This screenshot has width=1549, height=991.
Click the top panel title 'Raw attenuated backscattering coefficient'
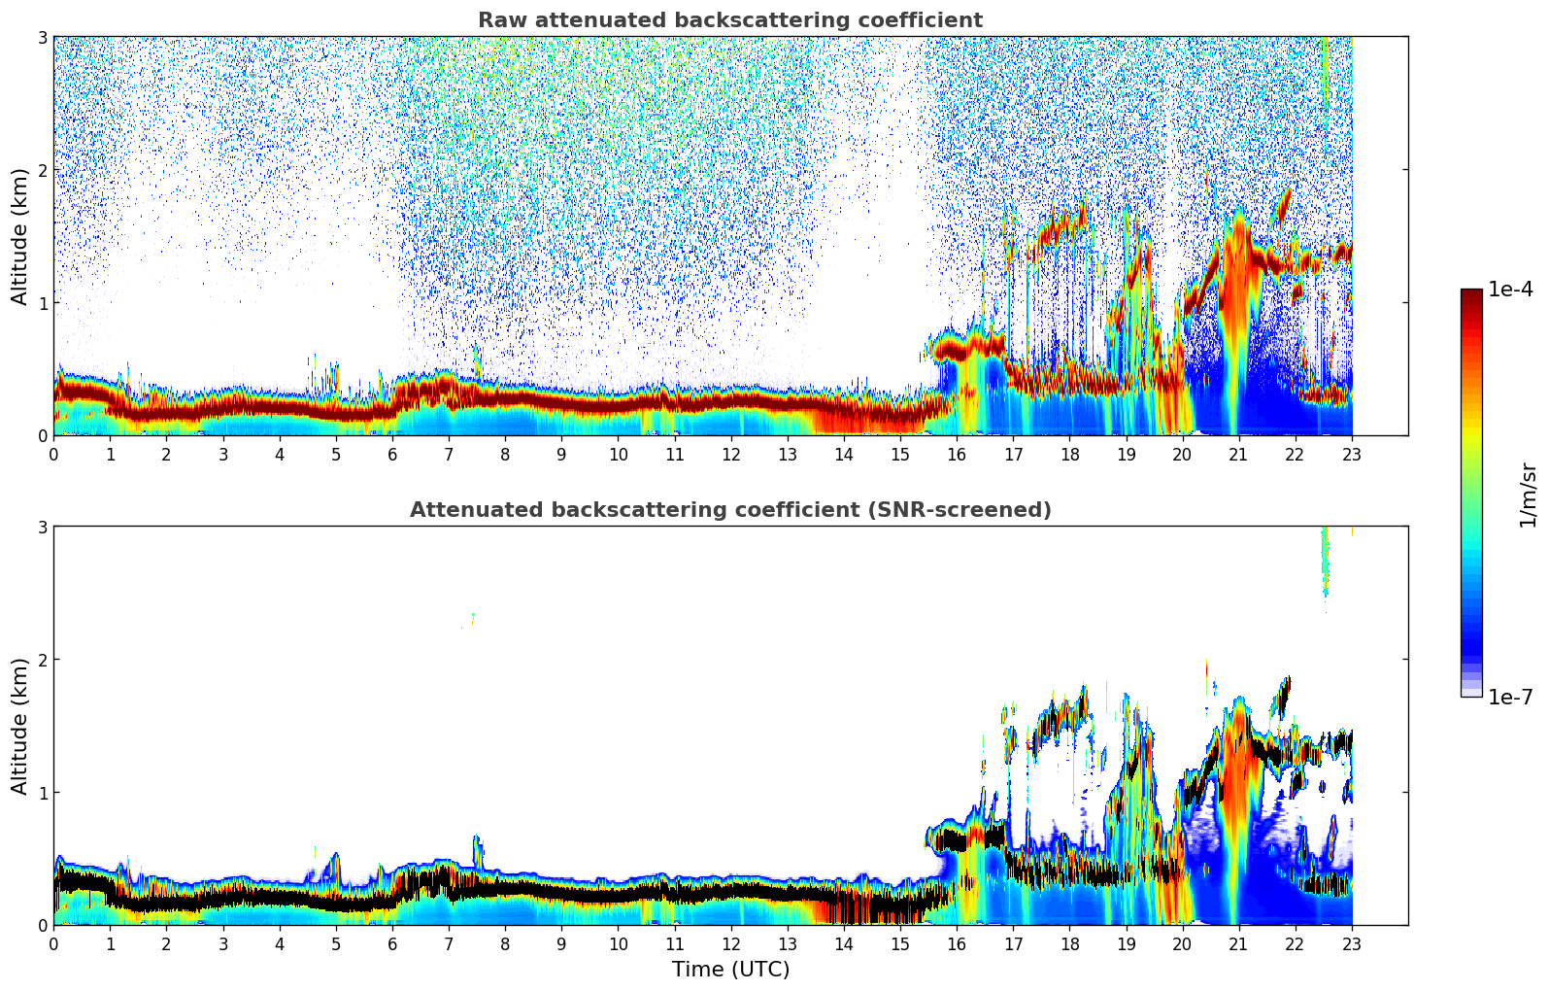(x=729, y=20)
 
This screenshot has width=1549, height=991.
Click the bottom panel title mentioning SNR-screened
(x=729, y=510)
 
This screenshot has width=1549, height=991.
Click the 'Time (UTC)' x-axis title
(x=730, y=970)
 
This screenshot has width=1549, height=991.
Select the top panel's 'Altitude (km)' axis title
(x=19, y=236)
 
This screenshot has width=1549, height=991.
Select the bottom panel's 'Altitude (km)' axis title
(x=19, y=726)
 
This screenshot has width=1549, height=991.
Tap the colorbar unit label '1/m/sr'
(x=1528, y=495)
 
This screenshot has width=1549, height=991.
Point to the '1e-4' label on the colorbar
(x=1510, y=290)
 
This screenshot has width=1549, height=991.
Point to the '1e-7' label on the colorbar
(x=1510, y=698)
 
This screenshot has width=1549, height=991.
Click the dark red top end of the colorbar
(x=1471, y=293)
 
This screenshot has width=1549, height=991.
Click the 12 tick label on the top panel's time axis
(x=730, y=455)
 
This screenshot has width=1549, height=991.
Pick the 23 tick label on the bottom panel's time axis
(x=1352, y=944)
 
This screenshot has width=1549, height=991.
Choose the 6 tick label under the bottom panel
(x=392, y=944)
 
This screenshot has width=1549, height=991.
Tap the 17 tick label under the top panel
(x=1013, y=455)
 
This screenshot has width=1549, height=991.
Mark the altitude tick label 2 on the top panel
(x=42, y=170)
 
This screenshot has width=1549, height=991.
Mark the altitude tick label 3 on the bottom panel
(x=42, y=527)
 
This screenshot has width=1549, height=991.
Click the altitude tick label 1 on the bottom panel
(x=42, y=793)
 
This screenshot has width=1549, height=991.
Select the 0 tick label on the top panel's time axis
(x=53, y=455)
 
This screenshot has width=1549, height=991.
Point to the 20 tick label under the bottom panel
(x=1182, y=944)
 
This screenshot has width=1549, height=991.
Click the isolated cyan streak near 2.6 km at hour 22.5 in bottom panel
(x=1325, y=564)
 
